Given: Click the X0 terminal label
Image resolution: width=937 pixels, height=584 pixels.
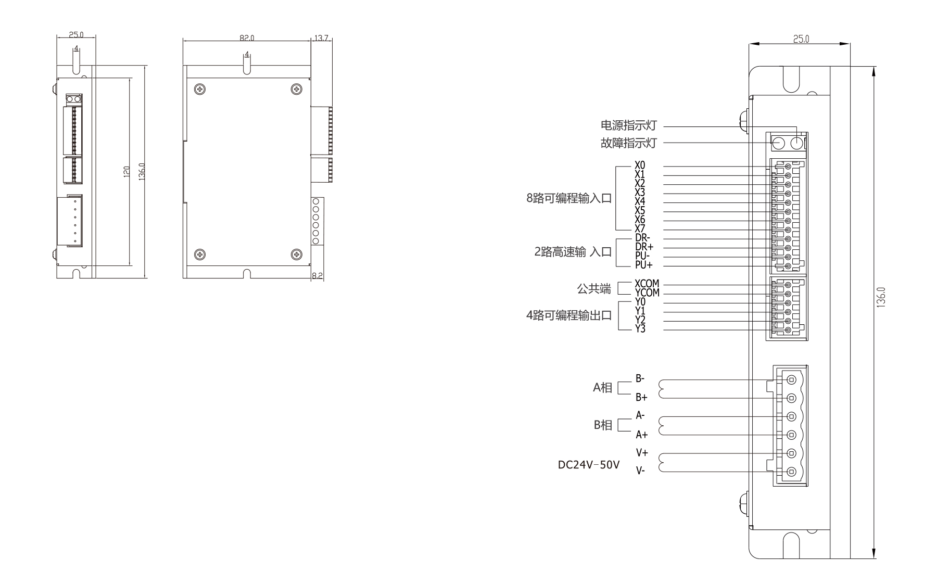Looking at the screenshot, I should point(640,166).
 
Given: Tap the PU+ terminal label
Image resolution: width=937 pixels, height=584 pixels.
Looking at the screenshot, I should point(643,265).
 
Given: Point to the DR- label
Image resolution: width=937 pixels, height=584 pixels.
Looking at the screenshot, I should point(642,238).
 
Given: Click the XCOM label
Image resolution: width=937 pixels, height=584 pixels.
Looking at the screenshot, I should point(647,284).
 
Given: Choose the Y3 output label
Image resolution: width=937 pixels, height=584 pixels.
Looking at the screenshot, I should point(640,329).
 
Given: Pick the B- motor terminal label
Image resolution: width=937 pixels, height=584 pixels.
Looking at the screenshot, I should point(640,378).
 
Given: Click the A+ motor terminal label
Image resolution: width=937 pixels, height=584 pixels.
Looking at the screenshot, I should point(641,435).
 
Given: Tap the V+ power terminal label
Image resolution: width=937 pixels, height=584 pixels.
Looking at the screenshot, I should point(641,453).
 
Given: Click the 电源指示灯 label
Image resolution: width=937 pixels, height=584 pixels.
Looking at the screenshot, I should point(629,125).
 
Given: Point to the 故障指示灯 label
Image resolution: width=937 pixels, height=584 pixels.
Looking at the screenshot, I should point(629,143).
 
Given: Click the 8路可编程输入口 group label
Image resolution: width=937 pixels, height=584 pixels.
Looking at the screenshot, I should point(569,199).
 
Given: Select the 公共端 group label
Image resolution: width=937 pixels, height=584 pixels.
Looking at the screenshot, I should point(594,289).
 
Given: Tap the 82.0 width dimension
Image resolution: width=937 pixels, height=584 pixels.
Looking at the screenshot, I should point(247,38).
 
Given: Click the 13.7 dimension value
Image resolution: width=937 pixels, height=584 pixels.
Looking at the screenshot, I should point(321,38).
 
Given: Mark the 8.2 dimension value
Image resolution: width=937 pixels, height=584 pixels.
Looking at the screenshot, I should point(317,275).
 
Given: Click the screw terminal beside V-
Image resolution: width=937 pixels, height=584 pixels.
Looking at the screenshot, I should point(792,472).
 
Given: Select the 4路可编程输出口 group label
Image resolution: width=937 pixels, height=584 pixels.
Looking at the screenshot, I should point(569,315).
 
